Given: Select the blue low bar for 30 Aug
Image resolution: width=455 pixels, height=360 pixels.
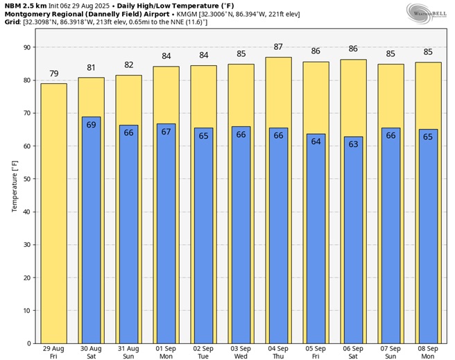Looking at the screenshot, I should (92, 229).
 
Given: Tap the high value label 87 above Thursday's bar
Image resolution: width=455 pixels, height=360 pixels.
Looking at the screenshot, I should (278, 46).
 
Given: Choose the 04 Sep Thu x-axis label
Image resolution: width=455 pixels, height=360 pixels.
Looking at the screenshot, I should (278, 352).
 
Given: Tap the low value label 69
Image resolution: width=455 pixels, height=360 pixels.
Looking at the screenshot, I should (92, 124).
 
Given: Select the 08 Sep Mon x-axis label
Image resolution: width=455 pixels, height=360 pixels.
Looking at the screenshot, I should (428, 352).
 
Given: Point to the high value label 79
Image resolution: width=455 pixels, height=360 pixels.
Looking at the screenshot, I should (54, 74).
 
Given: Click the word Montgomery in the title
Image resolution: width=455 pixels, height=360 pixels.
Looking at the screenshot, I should (28, 14).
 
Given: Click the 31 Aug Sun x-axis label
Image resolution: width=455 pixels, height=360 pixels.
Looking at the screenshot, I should (129, 352).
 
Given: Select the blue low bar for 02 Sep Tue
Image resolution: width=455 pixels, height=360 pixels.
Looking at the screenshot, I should (204, 235).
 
